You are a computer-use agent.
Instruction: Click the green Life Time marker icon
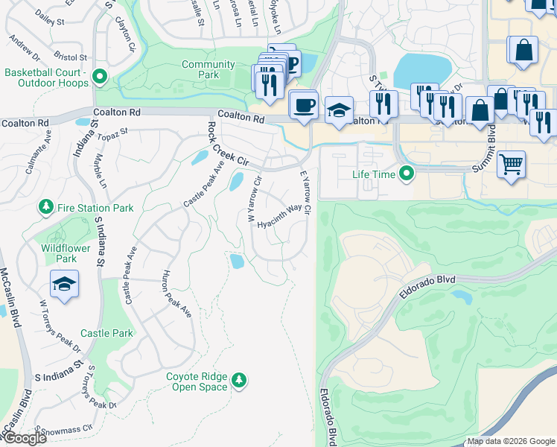pos(407,175)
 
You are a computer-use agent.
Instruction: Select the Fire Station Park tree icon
pos(46,207)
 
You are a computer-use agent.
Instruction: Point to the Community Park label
pos(210,70)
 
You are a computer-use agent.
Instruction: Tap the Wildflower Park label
pos(59,253)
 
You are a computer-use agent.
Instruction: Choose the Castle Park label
pos(106,333)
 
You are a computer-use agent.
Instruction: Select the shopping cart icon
pos(511,164)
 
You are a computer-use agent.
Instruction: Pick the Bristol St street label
pos(71,57)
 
